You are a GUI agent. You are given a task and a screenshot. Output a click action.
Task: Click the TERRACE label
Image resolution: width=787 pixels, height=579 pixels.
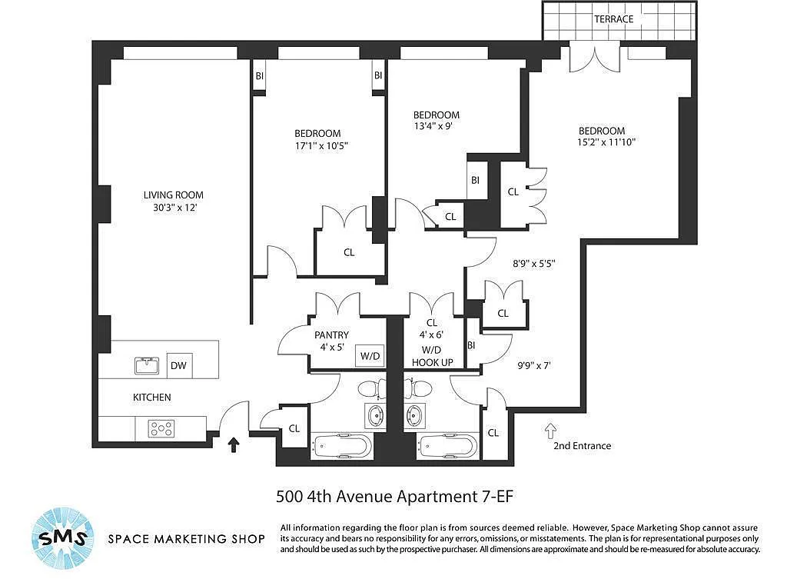pyautogui.click(x=613, y=19)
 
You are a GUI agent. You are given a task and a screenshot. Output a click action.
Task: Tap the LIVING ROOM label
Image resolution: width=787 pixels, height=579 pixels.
pyautogui.click(x=173, y=195)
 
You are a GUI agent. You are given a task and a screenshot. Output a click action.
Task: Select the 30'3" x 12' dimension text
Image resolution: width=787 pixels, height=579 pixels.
pyautogui.click(x=174, y=208)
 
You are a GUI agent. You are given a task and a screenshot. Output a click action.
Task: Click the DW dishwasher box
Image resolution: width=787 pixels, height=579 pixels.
pyautogui.click(x=178, y=365)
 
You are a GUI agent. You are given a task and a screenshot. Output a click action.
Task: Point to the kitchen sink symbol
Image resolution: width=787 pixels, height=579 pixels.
pyautogui.click(x=147, y=365)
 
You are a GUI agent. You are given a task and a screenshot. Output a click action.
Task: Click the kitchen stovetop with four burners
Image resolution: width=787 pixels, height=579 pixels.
pyautogui.click(x=161, y=428)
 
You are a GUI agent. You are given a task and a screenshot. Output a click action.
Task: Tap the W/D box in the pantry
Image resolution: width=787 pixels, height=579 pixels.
pyautogui.click(x=370, y=356)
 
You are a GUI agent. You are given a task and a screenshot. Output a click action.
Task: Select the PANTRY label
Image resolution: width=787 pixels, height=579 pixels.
pyautogui.click(x=331, y=335)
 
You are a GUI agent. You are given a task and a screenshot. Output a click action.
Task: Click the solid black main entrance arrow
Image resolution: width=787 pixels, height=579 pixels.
pyautogui.click(x=234, y=444)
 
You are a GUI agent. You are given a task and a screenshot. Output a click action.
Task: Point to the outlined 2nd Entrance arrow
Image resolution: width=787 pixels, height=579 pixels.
pyautogui.click(x=550, y=431)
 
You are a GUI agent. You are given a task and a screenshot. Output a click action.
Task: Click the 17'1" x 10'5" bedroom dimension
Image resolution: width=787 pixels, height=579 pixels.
pyautogui.click(x=321, y=146)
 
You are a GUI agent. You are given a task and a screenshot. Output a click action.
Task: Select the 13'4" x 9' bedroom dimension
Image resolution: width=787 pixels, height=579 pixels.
pyautogui.click(x=433, y=126)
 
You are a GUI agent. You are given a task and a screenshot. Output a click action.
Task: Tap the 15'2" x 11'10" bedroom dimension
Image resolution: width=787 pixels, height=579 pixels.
pyautogui.click(x=606, y=142)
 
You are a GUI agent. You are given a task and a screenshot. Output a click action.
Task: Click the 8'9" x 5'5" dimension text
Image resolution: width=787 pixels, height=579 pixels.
pyautogui.click(x=533, y=263)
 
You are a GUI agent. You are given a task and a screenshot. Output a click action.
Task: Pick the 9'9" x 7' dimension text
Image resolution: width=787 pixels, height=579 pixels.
pyautogui.click(x=534, y=365)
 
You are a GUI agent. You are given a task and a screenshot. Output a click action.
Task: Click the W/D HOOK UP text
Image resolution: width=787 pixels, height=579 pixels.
pyautogui.click(x=432, y=355)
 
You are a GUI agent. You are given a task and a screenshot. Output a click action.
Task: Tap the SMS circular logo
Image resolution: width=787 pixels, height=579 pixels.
pyautogui.click(x=63, y=537)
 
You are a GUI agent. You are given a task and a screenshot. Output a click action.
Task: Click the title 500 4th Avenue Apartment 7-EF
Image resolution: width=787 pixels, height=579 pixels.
pyautogui.click(x=394, y=497)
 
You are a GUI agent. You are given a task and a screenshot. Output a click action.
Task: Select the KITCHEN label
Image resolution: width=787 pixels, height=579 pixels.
pyautogui.click(x=151, y=398)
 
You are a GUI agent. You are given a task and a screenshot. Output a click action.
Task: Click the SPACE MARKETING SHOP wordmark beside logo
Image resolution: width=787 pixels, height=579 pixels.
pyautogui.click(x=186, y=539)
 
